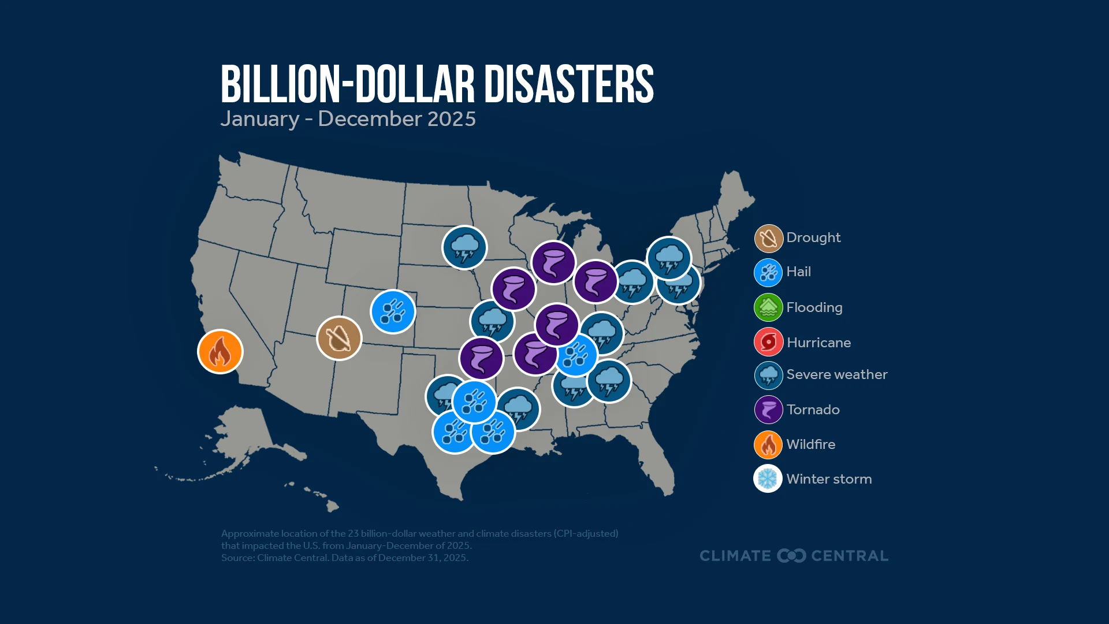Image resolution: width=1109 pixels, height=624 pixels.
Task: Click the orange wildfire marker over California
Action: click(x=220, y=351)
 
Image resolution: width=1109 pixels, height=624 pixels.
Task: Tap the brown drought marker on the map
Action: click(x=339, y=338)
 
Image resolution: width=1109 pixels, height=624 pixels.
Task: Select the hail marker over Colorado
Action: click(x=393, y=311)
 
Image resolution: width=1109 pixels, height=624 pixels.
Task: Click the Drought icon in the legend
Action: click(x=768, y=238)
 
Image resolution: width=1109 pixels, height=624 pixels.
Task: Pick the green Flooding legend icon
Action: click(x=768, y=307)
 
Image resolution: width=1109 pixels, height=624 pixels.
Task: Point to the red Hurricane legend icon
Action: click(x=768, y=342)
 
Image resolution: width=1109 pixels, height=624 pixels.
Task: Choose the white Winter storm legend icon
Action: click(x=768, y=478)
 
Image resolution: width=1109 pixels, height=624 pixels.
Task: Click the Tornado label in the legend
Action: click(x=813, y=410)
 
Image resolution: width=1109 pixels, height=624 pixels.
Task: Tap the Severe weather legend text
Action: click(x=836, y=374)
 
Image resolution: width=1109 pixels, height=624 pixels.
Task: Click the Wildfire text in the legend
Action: click(x=810, y=444)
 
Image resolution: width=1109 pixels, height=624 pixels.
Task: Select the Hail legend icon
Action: click(x=768, y=273)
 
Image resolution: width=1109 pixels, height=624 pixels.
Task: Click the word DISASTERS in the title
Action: click(x=568, y=84)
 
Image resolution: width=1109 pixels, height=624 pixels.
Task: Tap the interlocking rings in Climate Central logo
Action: click(x=791, y=556)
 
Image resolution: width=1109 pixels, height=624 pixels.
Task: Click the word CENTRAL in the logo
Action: click(x=850, y=556)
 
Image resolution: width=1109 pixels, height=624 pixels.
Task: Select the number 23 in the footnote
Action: click(x=353, y=533)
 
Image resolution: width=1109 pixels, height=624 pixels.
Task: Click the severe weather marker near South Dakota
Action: click(x=464, y=247)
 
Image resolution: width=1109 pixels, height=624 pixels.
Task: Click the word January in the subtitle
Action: click(x=260, y=119)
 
